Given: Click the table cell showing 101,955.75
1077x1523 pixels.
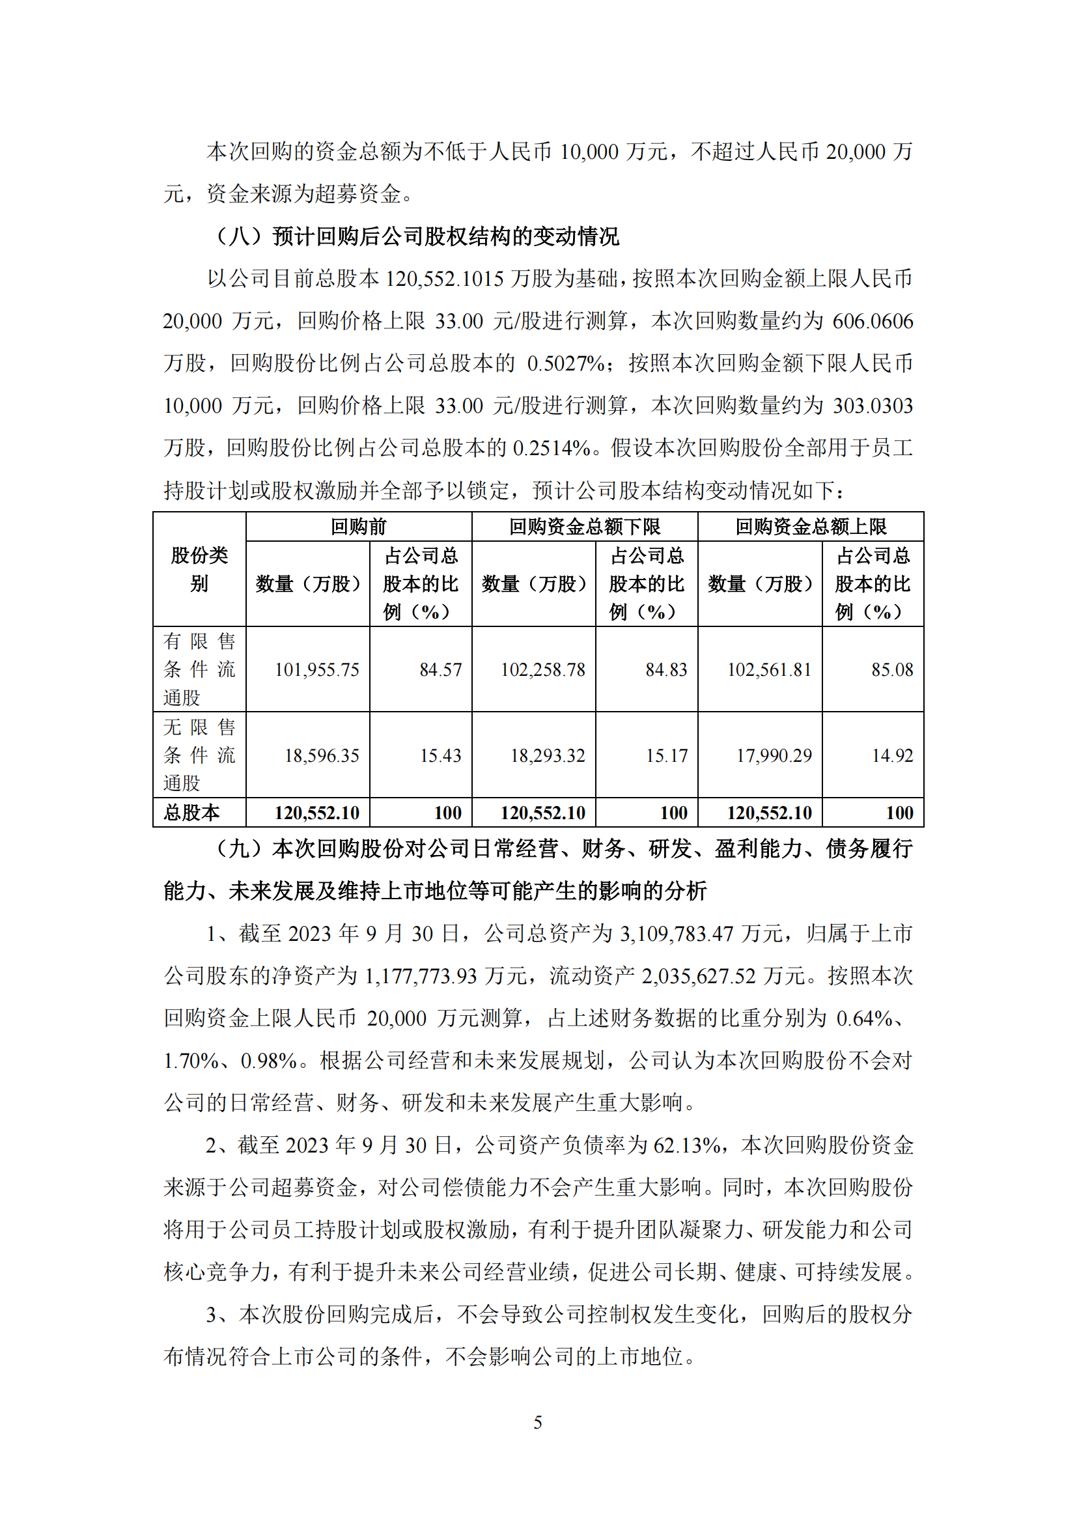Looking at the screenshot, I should [316, 669].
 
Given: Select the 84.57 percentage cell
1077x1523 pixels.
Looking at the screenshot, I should [440, 669].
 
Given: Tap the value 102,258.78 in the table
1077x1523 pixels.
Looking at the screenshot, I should [542, 669].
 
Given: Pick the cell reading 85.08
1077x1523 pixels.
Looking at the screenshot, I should [892, 669].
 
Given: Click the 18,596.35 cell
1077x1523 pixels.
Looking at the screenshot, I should [322, 755].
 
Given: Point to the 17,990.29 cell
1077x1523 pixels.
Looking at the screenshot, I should [774, 755].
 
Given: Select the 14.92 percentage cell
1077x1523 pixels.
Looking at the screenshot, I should [892, 755].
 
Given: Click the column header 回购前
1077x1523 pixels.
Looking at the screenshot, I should [358, 527].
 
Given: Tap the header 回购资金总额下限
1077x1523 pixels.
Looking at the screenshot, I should [584, 527].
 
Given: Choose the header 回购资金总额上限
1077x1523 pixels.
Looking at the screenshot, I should [811, 527].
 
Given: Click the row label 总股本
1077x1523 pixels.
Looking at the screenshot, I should [191, 813].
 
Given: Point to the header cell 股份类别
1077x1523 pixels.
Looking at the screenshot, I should [199, 569].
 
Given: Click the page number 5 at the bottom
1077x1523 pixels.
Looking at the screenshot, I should [538, 1422].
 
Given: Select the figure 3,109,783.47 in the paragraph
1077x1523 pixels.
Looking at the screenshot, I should [677, 934].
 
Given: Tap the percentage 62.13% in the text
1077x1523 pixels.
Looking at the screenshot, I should [687, 1145].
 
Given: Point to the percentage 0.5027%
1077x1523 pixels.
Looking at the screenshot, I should [566, 363].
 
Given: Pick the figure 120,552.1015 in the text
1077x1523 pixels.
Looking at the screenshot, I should [444, 279].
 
